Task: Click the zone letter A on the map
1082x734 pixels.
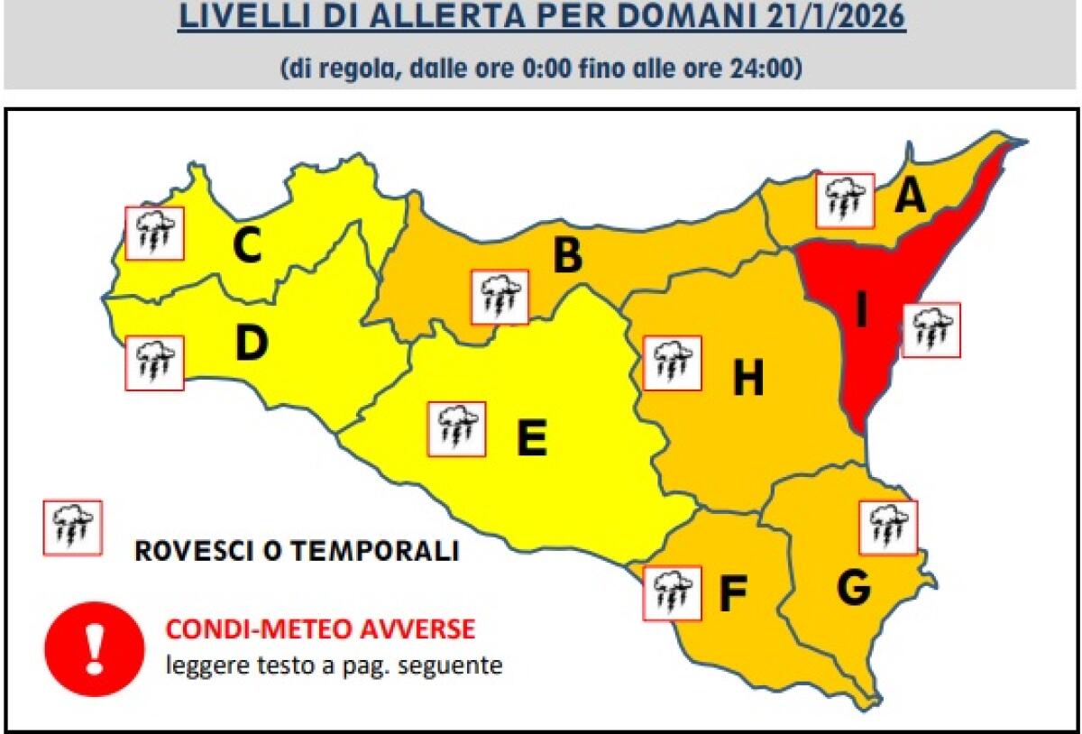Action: (x=910, y=196)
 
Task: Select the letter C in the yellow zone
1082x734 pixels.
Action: (x=246, y=246)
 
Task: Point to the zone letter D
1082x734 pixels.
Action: (x=252, y=343)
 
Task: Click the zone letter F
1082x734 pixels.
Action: (x=733, y=592)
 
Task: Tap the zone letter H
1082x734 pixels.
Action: (x=747, y=378)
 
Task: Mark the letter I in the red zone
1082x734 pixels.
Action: (x=862, y=311)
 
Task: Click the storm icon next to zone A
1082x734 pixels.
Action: (x=846, y=200)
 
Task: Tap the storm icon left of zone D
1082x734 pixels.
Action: (x=153, y=362)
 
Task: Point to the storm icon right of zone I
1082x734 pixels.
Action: (x=931, y=330)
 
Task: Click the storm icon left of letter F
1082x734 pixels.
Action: (x=672, y=592)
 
